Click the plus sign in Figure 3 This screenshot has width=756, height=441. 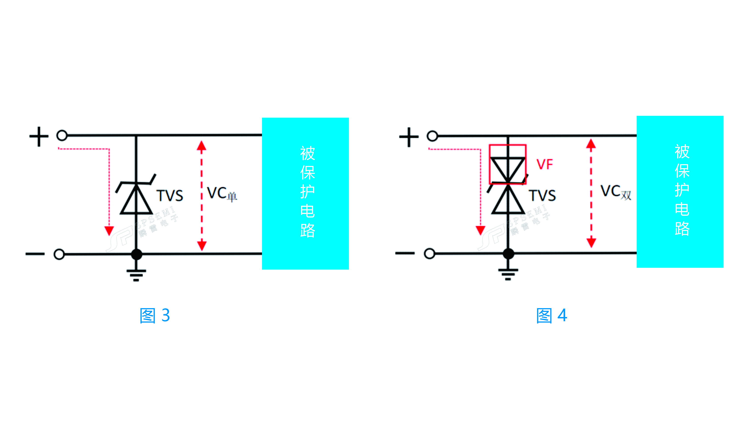(x=39, y=137)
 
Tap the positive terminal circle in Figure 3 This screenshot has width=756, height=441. (x=62, y=135)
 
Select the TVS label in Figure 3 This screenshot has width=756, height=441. (x=169, y=196)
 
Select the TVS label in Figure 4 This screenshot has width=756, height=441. (x=542, y=196)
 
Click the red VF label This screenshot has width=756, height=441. (x=544, y=164)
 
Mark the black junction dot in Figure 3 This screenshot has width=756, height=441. (x=137, y=254)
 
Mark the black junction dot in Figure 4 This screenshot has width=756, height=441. (x=508, y=254)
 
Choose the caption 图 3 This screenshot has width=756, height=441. (x=155, y=315)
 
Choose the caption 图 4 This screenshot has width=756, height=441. (x=551, y=315)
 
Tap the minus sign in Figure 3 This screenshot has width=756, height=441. (x=35, y=254)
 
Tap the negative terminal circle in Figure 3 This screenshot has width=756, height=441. (x=59, y=254)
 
